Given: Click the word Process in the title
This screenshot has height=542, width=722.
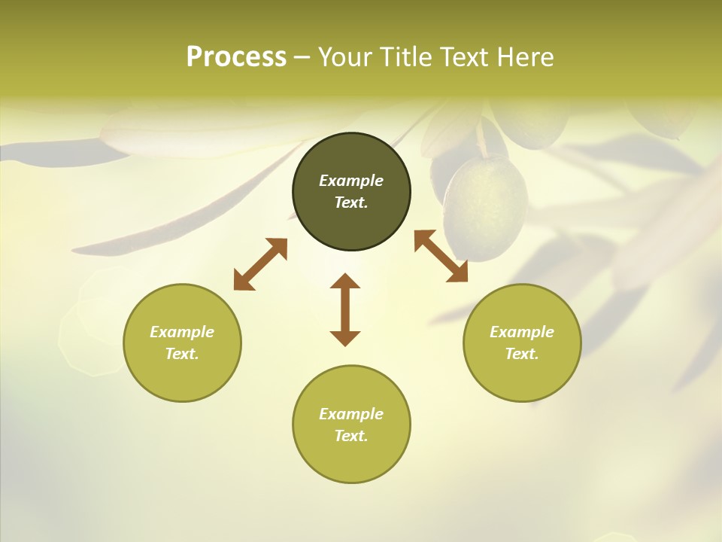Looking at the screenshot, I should pos(236,57).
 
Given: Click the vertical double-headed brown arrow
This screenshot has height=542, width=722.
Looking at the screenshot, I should pos(345,309).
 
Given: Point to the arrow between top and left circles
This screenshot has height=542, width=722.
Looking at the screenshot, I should pos(260,264).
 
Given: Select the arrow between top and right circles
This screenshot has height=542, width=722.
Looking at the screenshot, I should pos(441,257).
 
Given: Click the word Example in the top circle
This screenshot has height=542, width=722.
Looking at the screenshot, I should pos(351,181).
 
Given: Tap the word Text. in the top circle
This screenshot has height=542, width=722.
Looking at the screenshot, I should pos(351,202).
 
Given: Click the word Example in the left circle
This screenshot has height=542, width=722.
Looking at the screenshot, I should pos(182,332).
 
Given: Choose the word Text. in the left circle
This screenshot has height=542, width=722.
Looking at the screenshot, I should pos(182,354).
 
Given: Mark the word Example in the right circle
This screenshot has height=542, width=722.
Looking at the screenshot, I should pos(522,332).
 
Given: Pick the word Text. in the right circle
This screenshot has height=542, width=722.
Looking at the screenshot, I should pos(522,354).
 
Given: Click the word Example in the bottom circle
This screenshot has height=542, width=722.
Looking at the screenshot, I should pos(351,414).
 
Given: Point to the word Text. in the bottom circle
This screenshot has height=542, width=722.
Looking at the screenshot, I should pos(351,436).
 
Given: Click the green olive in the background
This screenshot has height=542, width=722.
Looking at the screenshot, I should pos(485,207).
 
